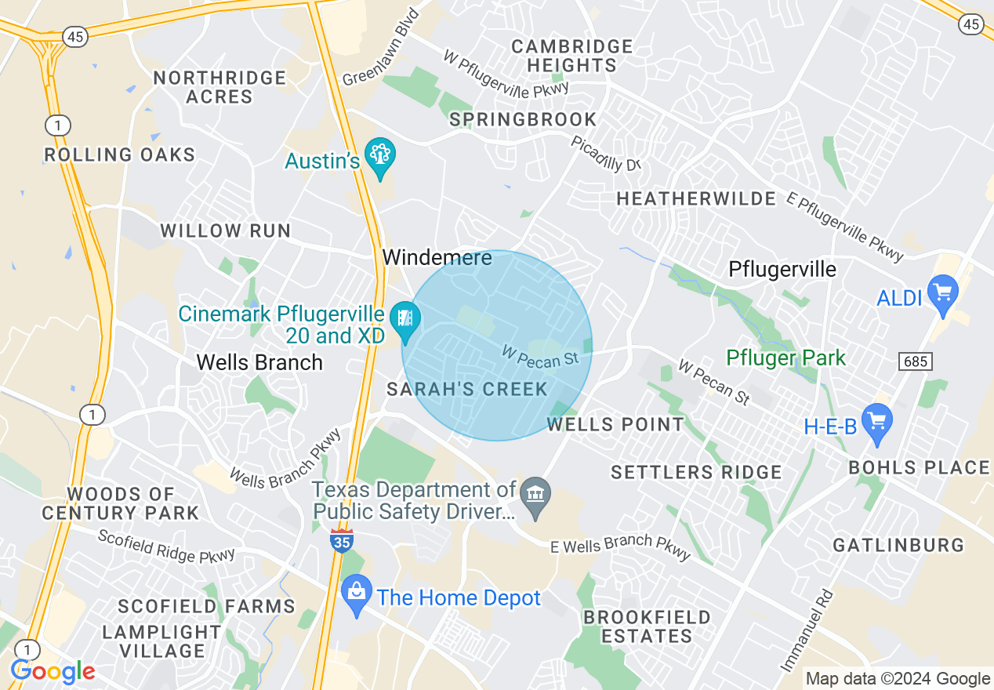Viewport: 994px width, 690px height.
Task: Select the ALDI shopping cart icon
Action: (942, 292)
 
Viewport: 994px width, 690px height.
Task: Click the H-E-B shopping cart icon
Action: (876, 422)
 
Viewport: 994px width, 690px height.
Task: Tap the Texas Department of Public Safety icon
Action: (536, 495)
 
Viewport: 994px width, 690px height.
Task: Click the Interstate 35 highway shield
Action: (342, 540)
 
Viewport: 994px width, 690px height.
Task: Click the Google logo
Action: (53, 672)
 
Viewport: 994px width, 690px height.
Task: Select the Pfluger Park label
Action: (785, 358)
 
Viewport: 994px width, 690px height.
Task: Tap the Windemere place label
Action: (437, 257)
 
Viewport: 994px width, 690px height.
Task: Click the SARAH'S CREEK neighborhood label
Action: (467, 389)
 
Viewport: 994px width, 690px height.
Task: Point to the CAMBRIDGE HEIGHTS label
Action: (571, 56)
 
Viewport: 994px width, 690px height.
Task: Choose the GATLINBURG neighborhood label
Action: (898, 545)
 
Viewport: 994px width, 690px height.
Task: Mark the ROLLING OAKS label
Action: (119, 154)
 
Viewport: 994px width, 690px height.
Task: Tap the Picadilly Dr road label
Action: (606, 153)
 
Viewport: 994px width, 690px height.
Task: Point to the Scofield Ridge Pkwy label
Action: (166, 546)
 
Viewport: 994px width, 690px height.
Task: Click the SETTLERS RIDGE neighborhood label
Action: (696, 472)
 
